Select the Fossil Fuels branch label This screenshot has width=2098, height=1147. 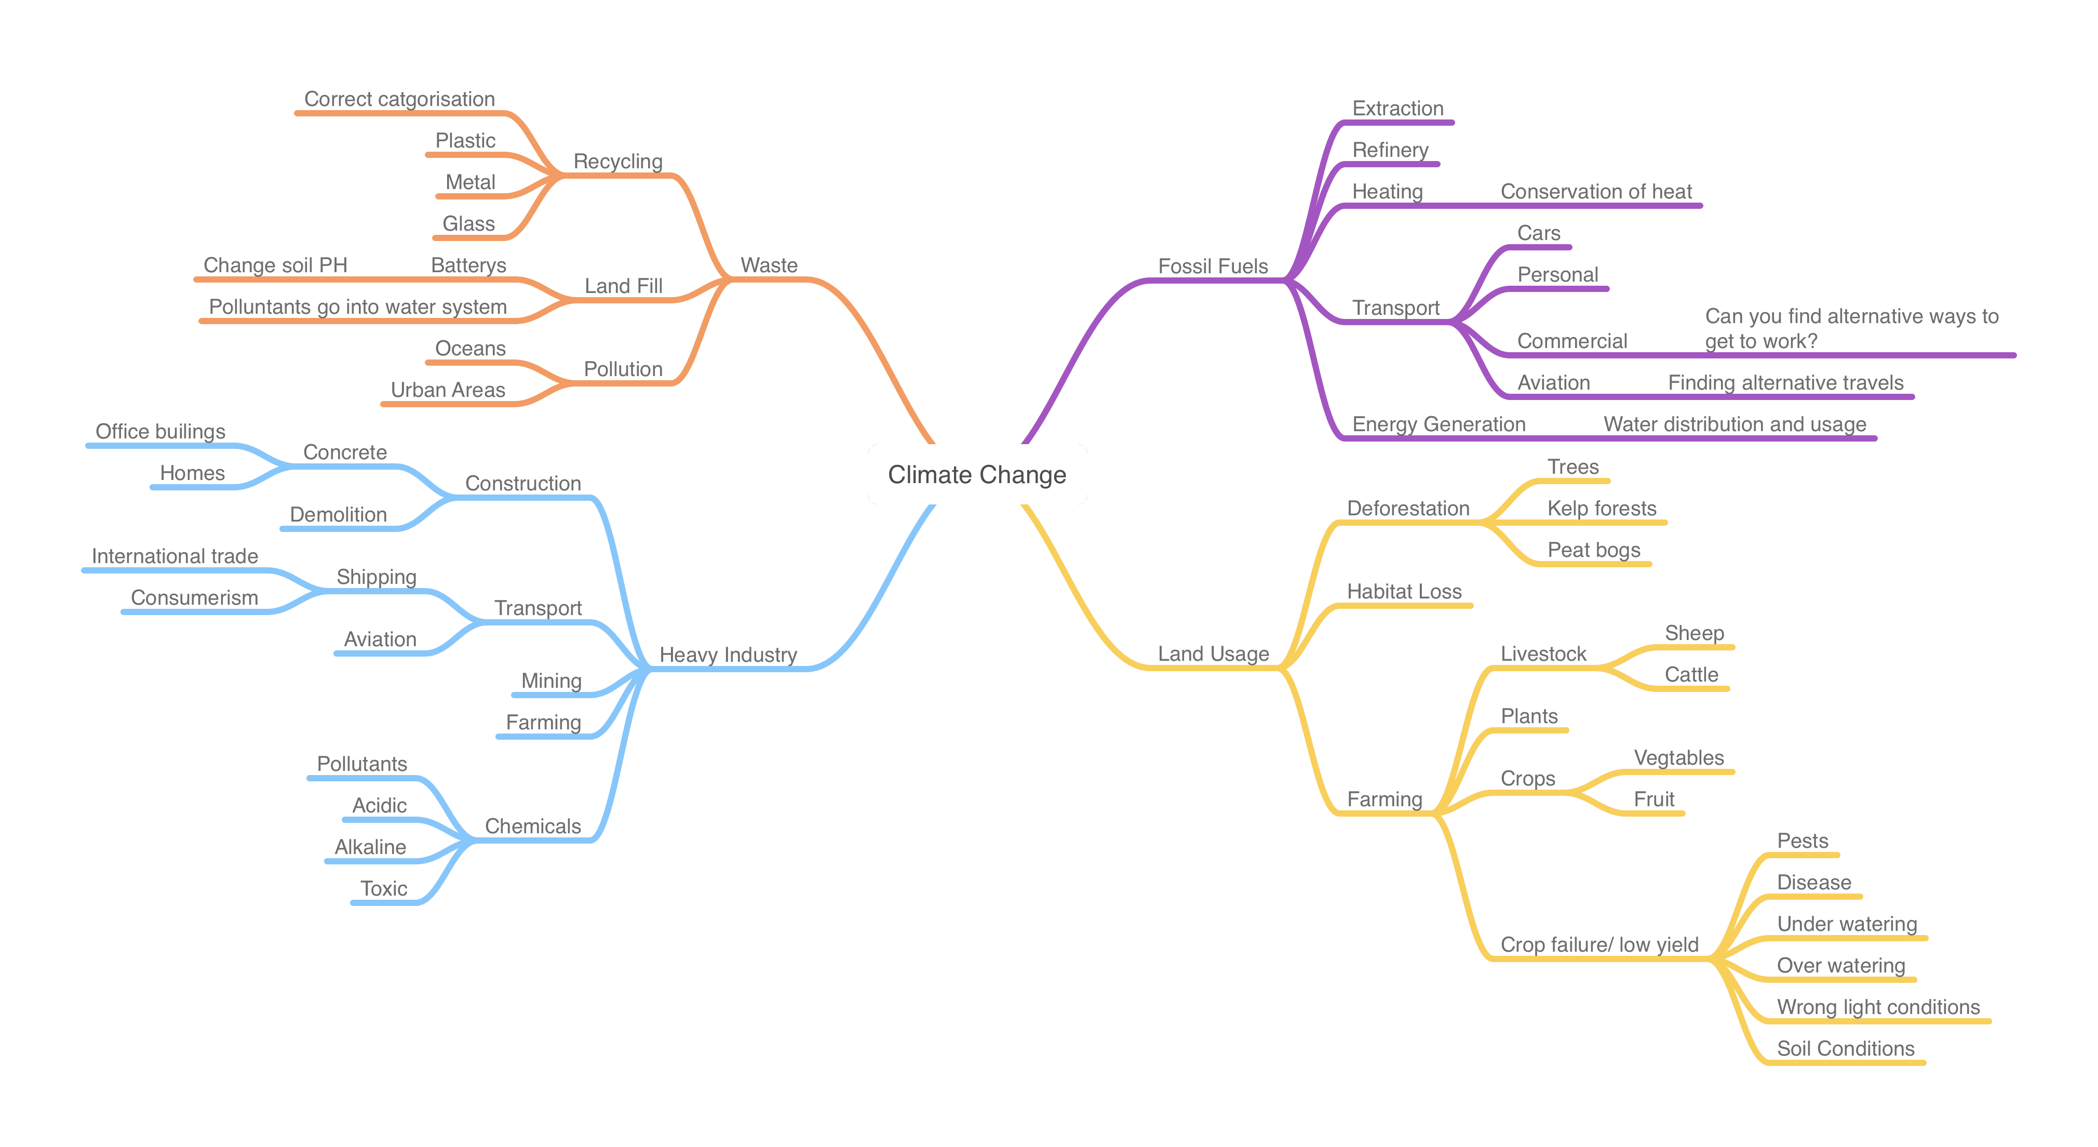click(1213, 266)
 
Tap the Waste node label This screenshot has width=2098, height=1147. click(769, 265)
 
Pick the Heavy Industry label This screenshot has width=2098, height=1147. click(728, 655)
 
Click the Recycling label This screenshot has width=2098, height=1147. click(618, 161)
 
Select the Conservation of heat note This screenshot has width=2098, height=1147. click(1596, 192)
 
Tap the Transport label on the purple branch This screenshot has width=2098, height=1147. click(1395, 308)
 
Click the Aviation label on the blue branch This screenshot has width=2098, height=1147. click(380, 639)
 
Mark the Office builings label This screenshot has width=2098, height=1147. click(160, 432)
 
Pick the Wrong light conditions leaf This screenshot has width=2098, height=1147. click(1878, 1008)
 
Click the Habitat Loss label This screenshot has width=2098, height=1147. click(1404, 591)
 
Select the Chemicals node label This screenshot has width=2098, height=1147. click(533, 826)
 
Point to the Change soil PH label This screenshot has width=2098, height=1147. click(275, 265)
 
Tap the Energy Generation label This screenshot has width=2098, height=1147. click(1438, 424)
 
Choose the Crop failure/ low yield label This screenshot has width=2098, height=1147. click(1599, 945)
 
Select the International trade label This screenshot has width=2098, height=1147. click(174, 556)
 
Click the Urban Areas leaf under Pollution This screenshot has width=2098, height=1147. click(448, 390)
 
